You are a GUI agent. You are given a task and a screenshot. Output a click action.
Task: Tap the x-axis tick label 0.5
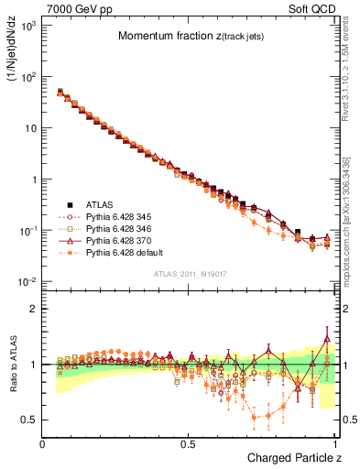189,443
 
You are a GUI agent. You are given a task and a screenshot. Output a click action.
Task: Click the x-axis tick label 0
43,443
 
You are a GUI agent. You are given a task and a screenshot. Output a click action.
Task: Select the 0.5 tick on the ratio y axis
29,420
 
